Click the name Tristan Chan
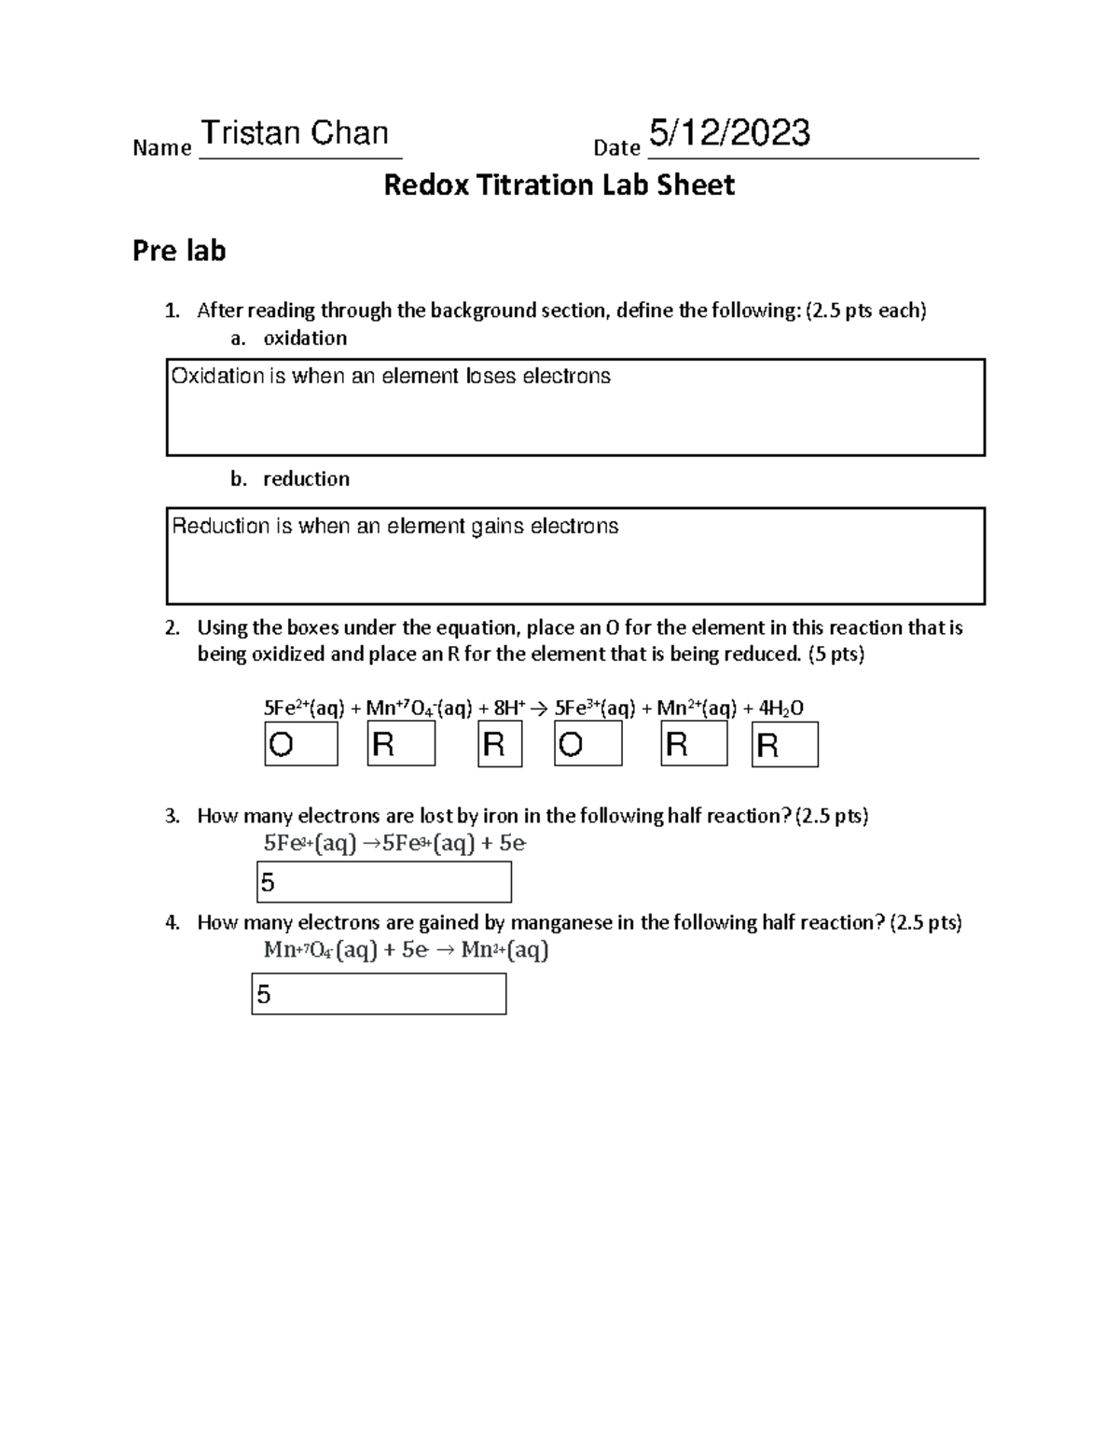[295, 134]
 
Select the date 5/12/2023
[729, 134]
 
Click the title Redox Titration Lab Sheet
[559, 186]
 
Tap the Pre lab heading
[179, 251]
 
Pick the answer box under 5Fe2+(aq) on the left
[301, 745]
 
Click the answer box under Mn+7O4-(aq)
[401, 745]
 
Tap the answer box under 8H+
[500, 745]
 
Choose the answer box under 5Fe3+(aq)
[587, 745]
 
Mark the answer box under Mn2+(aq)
[694, 745]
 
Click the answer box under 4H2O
[784, 745]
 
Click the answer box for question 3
[383, 882]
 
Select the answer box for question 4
[379, 994]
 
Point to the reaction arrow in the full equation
[539, 709]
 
